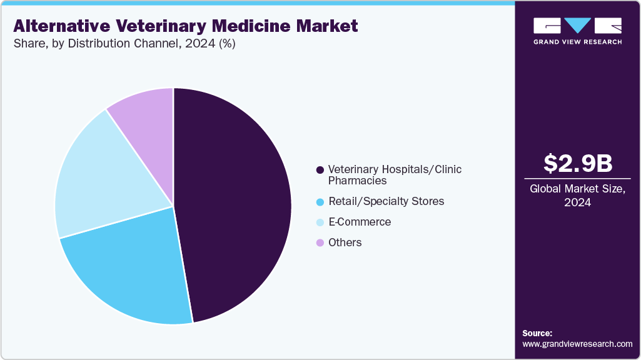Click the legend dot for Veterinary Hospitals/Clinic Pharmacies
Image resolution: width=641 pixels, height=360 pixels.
(320, 170)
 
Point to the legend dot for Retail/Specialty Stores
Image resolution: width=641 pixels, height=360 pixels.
(320, 202)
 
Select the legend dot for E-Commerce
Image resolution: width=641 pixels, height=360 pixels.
(320, 222)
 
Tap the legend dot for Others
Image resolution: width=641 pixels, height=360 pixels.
(320, 242)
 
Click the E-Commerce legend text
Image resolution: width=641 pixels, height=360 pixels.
(360, 222)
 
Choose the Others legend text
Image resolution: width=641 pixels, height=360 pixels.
(345, 242)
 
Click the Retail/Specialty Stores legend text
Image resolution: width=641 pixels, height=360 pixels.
(386, 201)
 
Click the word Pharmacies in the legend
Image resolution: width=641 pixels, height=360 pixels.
(357, 181)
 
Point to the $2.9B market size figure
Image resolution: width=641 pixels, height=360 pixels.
(577, 164)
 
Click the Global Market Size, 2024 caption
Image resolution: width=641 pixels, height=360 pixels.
(577, 195)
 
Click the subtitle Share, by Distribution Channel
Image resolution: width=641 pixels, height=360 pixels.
(100, 44)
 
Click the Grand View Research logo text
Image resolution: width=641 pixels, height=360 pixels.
(577, 42)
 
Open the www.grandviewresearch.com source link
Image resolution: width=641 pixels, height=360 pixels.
(577, 344)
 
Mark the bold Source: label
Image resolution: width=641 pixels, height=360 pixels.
(537, 333)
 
